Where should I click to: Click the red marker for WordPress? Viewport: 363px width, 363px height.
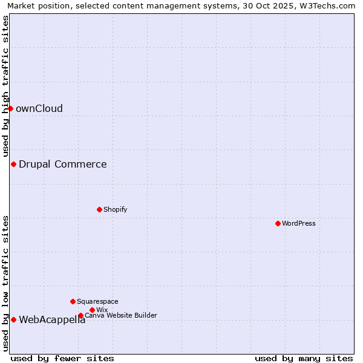point(278,223)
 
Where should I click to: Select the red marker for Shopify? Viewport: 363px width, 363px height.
point(99,209)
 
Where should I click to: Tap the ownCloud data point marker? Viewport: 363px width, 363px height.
point(10,108)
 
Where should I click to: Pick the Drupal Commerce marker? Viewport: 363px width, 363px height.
point(13,164)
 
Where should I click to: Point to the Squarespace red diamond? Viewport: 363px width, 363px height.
point(73,301)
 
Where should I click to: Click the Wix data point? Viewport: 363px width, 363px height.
point(92,310)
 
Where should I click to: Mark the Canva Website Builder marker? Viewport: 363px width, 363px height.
point(80,315)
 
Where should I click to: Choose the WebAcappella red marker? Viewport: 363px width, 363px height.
point(13,319)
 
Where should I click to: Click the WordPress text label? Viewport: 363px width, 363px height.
point(299,223)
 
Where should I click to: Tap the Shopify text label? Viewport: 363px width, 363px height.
point(115,209)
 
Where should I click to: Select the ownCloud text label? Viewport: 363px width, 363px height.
point(39,109)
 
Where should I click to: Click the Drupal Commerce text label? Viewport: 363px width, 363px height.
point(63,164)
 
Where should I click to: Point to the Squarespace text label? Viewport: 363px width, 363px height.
point(97,301)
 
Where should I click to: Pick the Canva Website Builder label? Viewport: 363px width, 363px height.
point(121,315)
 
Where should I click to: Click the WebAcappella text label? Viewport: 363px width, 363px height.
point(52,320)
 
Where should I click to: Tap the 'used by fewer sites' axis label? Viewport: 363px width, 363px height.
point(62,358)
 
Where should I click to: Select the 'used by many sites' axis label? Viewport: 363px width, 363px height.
point(304,358)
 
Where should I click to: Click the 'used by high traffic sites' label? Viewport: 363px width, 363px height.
point(5,86)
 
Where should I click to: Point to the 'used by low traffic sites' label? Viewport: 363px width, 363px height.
point(5,283)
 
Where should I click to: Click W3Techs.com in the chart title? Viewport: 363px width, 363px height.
point(327,5)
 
